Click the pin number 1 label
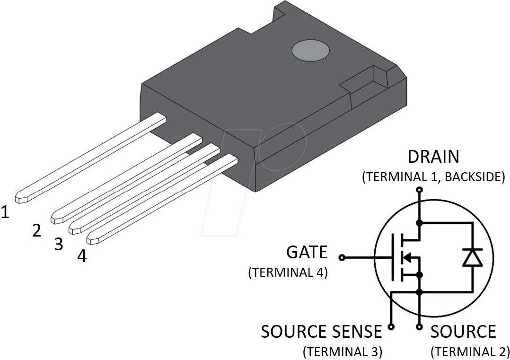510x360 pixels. point(5,212)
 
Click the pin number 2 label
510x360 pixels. point(36,230)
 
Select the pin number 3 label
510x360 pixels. point(58,244)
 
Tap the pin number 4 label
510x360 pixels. point(82,256)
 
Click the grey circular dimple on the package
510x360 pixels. point(311,50)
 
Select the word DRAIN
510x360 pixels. point(433,157)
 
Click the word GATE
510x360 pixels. point(307,252)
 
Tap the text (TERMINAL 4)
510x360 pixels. point(288,273)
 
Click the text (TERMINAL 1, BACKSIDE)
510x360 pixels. point(433,177)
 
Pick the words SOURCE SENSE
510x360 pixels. point(321,332)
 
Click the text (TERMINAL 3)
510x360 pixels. point(343,351)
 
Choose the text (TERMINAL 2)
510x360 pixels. point(470,351)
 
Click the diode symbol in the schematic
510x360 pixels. point(472,258)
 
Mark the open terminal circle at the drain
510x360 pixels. point(419,190)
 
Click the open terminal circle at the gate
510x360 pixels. point(342,258)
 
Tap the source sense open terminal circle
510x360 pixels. point(391,326)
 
